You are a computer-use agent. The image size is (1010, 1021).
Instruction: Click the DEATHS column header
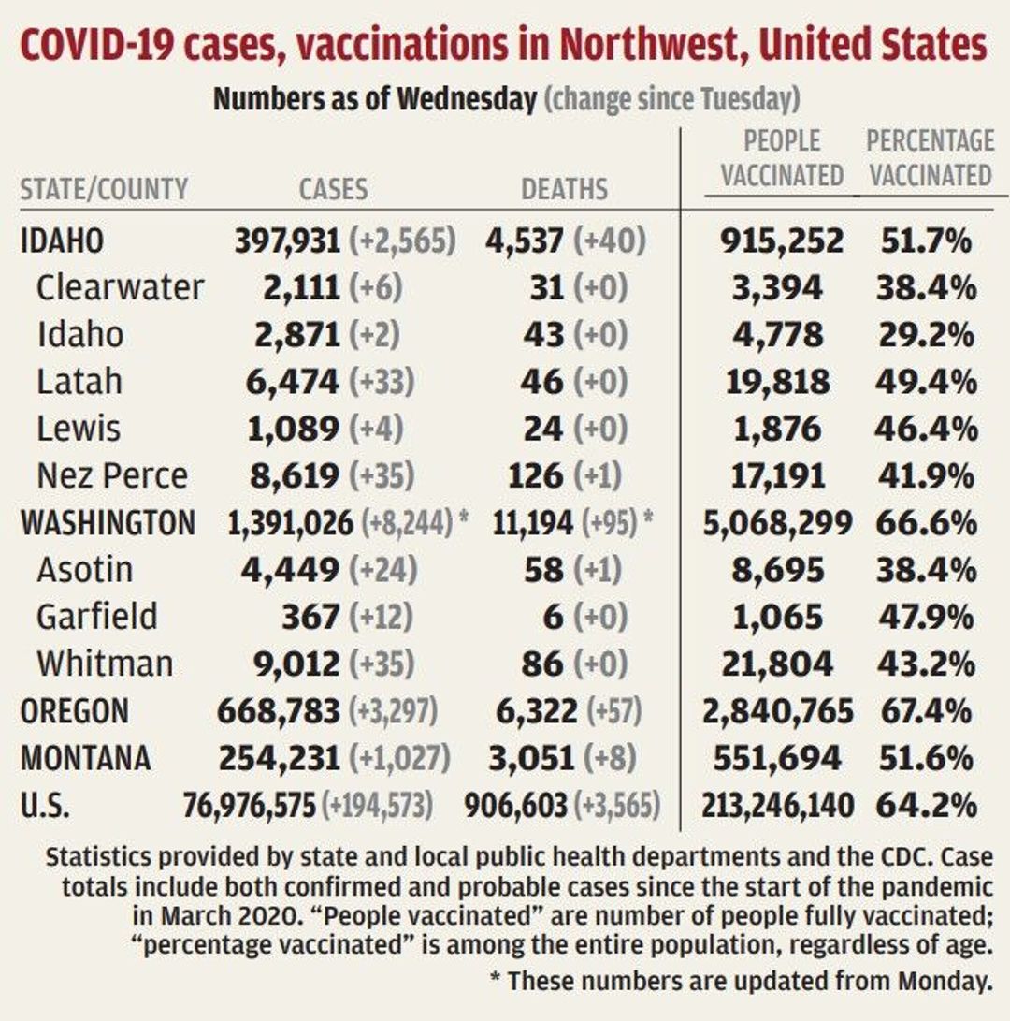(564, 189)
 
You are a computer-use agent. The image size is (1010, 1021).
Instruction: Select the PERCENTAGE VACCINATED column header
(929, 158)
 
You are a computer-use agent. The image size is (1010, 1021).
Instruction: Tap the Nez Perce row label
(112, 475)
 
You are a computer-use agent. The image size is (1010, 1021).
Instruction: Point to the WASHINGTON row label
(108, 522)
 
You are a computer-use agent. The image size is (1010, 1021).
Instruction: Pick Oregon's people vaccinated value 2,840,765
(778, 711)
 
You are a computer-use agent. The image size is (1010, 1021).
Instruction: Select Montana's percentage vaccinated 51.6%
(927, 758)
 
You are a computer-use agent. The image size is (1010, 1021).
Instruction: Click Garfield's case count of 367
(310, 617)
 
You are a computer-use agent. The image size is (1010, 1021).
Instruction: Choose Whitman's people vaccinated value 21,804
(777, 664)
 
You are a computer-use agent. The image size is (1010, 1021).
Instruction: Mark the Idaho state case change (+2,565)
(402, 241)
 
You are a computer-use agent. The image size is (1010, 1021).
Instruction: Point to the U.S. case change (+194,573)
(377, 805)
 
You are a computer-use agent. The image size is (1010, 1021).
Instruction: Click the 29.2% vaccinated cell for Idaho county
(927, 335)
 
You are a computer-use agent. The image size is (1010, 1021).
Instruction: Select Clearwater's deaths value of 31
(544, 287)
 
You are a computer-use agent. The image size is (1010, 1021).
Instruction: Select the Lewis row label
(79, 429)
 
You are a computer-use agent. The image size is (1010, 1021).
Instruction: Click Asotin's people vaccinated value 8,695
(778, 570)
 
